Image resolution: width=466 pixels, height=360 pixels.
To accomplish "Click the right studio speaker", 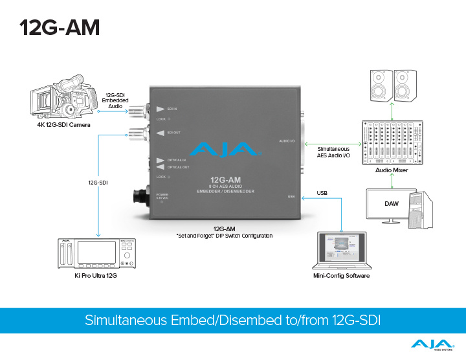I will click(405, 85).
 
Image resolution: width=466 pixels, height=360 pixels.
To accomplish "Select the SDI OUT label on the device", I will click(173, 133).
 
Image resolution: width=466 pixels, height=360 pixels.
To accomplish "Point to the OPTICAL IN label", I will click(177, 159).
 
